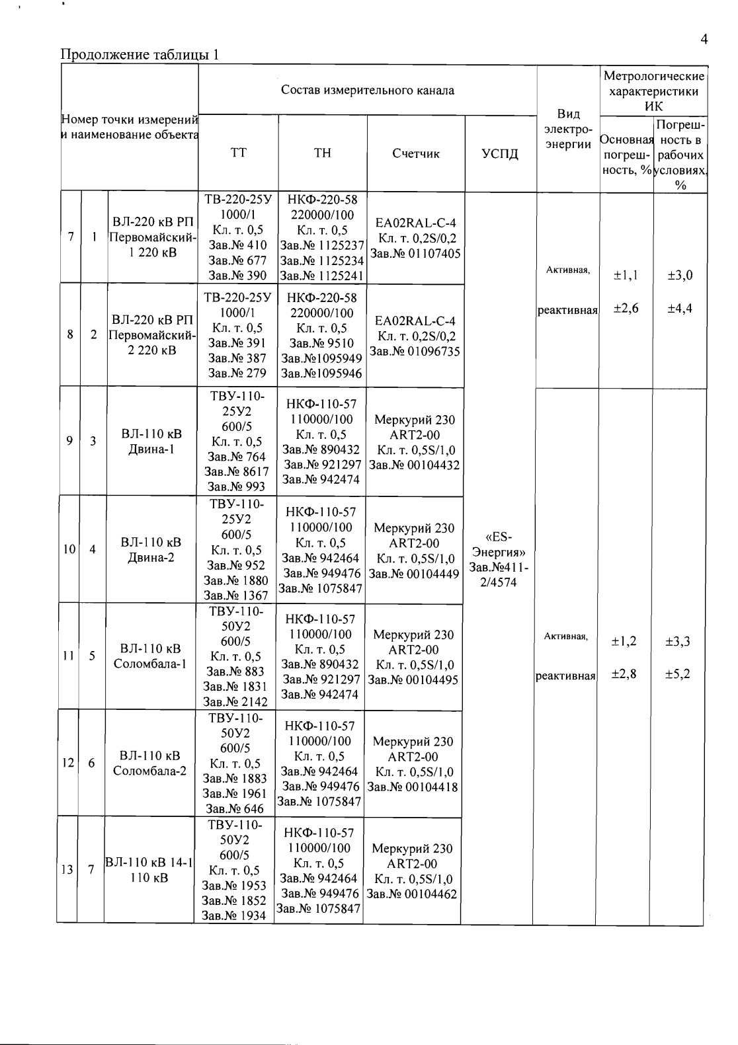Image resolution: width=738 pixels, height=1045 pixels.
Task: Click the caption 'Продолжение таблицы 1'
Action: point(140,54)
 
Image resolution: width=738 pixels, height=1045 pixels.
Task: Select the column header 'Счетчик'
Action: point(415,154)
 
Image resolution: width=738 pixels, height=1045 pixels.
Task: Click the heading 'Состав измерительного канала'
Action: point(367,90)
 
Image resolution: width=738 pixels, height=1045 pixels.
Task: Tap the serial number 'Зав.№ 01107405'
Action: point(415,253)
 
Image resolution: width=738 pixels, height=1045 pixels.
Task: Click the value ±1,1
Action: point(624,275)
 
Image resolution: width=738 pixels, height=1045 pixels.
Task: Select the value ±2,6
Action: point(624,309)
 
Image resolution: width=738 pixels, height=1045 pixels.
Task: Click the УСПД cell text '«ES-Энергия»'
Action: point(497,543)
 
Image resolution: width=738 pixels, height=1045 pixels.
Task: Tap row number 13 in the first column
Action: point(67,870)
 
